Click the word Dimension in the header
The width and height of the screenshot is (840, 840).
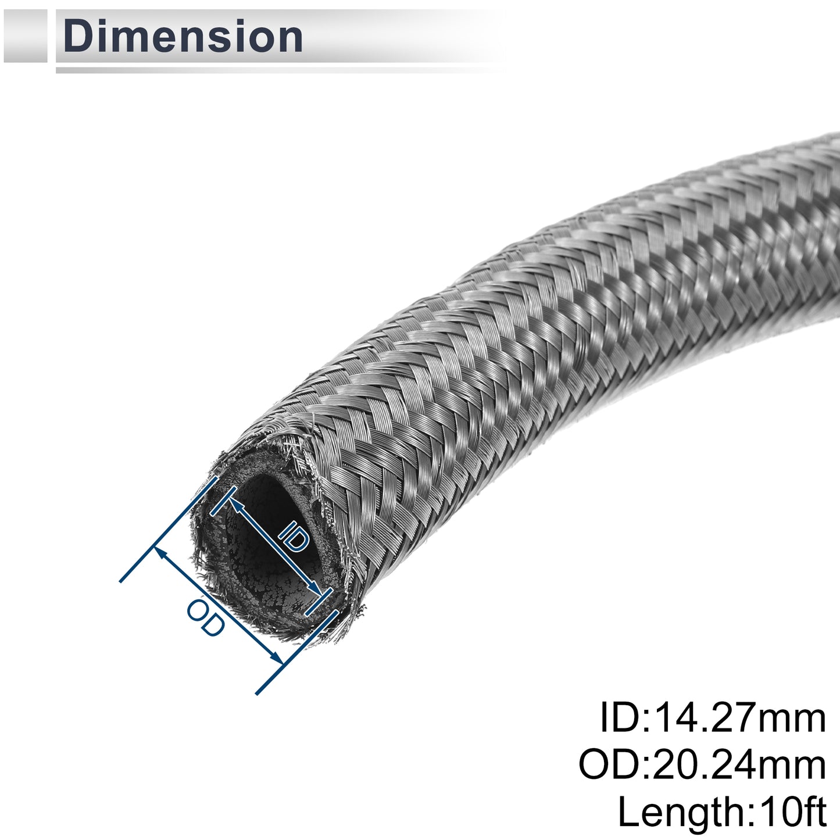tap(183, 37)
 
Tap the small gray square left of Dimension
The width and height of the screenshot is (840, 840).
tap(25, 36)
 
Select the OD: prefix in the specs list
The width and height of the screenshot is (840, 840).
tap(613, 766)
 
